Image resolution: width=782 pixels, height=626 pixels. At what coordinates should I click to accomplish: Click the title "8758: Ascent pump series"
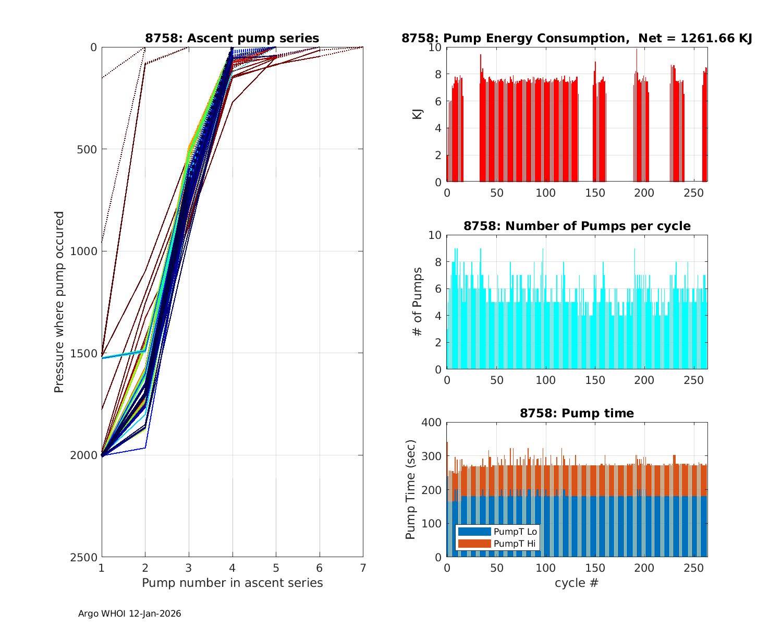(x=232, y=38)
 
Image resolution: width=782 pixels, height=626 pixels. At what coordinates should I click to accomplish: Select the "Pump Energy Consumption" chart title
(x=577, y=38)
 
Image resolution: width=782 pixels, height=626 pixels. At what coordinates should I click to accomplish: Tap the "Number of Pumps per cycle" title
(x=577, y=226)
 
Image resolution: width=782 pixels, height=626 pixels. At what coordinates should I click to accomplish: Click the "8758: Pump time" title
(x=577, y=413)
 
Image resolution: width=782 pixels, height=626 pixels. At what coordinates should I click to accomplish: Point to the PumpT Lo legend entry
(x=497, y=532)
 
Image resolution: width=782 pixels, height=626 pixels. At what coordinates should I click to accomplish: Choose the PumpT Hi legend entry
(x=497, y=544)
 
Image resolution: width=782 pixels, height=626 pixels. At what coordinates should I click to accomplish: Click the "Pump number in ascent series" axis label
(x=232, y=583)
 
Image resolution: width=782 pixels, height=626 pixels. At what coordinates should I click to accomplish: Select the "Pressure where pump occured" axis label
(x=59, y=302)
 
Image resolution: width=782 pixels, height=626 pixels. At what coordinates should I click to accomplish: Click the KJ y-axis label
(x=418, y=114)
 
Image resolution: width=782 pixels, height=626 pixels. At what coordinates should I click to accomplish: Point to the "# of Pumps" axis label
(x=418, y=302)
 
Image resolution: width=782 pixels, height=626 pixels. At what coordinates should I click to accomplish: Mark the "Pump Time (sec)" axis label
(x=411, y=490)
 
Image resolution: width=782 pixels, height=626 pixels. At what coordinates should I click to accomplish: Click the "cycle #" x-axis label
(x=577, y=583)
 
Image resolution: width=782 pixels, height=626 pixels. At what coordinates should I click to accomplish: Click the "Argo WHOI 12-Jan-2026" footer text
(x=130, y=614)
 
